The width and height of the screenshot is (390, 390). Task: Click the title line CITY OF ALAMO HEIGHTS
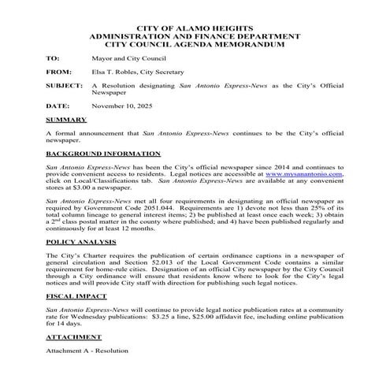194,28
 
